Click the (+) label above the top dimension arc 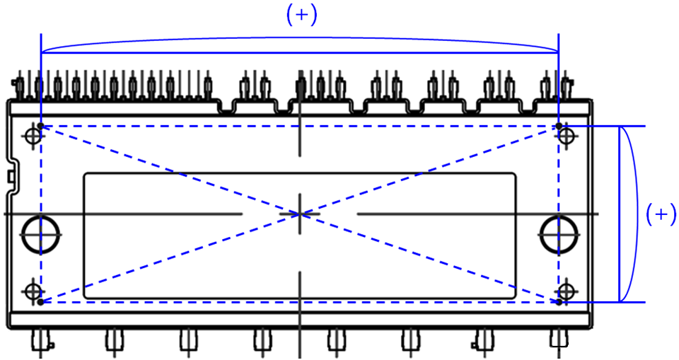302,16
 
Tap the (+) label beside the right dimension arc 661,215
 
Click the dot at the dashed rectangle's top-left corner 42,127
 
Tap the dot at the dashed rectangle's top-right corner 559,127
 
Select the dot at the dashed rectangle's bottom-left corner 42,302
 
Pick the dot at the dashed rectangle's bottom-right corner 559,302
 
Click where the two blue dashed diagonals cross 301,214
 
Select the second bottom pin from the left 113,341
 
